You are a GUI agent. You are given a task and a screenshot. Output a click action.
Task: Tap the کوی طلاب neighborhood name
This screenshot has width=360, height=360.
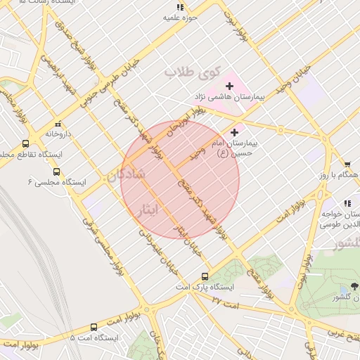click(193, 72)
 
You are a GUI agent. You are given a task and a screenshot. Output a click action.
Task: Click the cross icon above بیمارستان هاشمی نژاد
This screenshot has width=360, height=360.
click(229, 86)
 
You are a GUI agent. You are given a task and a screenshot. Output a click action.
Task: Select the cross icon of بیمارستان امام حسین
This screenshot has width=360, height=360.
click(234, 132)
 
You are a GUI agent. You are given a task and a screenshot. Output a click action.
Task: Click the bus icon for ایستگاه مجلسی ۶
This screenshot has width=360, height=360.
click(56, 171)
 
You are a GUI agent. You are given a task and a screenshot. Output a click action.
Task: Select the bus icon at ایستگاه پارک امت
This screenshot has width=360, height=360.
click(205, 276)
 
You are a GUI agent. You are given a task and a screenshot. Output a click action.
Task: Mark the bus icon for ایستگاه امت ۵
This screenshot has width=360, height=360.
click(94, 327)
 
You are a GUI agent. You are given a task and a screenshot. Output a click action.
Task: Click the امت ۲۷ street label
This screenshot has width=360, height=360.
click(226, 304)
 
